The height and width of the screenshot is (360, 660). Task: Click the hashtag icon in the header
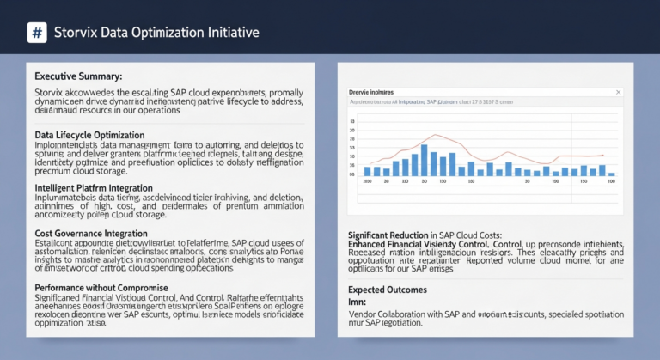[x=37, y=34]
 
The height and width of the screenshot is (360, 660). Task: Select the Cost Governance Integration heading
[x=90, y=233]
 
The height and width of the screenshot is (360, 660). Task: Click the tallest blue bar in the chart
[x=425, y=161]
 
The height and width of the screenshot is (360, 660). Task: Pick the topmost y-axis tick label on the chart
[x=353, y=120]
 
